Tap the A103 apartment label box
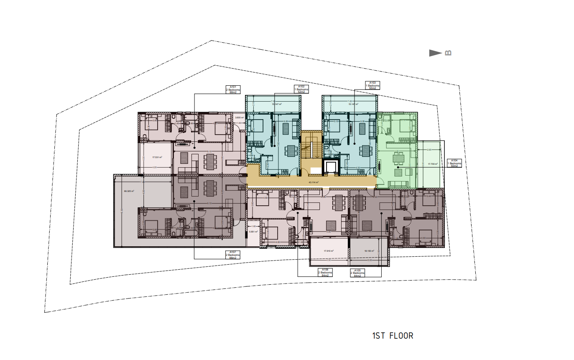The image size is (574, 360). (372, 85)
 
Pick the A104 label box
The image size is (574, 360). (454, 163)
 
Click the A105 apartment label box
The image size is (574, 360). (357, 273)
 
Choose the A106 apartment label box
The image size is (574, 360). (325, 273)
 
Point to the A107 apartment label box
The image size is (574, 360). (233, 255)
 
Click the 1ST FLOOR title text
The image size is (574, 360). (392, 336)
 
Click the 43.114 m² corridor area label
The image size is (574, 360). (314, 182)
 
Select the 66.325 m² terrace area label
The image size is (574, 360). (129, 191)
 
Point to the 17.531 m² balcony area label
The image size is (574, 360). (157, 157)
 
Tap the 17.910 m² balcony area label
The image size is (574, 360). (329, 251)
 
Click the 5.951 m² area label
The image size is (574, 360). (253, 231)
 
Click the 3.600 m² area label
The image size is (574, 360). (240, 117)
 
